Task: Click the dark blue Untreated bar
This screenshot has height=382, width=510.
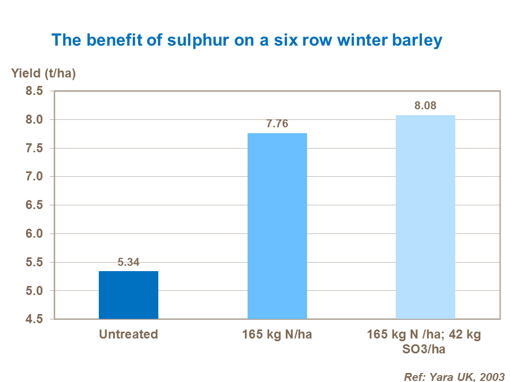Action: pyautogui.click(x=129, y=295)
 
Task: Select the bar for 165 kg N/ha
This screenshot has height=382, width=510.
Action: pyautogui.click(x=277, y=226)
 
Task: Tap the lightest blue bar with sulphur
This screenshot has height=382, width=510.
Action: pyautogui.click(x=426, y=217)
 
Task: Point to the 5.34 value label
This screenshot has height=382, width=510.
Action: pyautogui.click(x=129, y=262)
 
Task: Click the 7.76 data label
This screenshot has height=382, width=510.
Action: pyautogui.click(x=277, y=124)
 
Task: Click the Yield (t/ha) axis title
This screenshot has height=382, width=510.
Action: pyautogui.click(x=44, y=74)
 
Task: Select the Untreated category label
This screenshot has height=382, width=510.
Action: pyautogui.click(x=129, y=335)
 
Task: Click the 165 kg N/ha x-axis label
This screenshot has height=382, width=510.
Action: pyautogui.click(x=277, y=335)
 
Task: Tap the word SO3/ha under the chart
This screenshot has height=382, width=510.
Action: pyautogui.click(x=424, y=349)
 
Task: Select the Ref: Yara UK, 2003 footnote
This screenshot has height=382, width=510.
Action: pyautogui.click(x=454, y=377)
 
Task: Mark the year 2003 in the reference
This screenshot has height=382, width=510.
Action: pyautogui.click(x=491, y=377)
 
